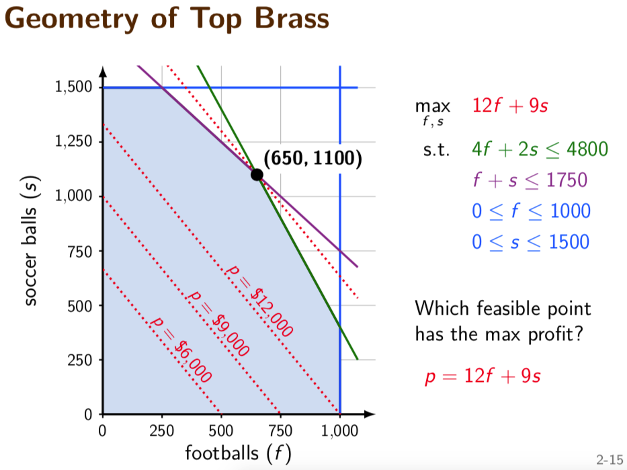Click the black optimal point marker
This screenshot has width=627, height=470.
pos(257,175)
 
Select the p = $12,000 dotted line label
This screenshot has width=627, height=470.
pos(259,300)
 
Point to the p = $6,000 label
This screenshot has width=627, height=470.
pos(180,350)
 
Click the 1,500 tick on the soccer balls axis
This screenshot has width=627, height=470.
pos(73,87)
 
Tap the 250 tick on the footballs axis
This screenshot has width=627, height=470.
pos(161,431)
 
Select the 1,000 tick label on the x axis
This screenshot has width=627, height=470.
pos(339,431)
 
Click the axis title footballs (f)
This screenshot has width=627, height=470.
pos(238,454)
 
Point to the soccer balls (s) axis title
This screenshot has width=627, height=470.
pos(31,241)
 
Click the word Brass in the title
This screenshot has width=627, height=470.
pos(292,18)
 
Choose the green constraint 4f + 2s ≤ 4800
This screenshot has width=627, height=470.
pos(540,149)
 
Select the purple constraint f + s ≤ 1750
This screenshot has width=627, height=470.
pos(530,180)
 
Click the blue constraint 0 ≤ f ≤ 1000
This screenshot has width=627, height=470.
pos(531,211)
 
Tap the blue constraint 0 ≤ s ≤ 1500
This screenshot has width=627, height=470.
pos(531,242)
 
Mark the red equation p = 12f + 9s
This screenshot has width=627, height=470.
pos(483,377)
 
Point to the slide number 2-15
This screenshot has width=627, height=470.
pos(610,459)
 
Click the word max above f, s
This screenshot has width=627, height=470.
pos(433,107)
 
